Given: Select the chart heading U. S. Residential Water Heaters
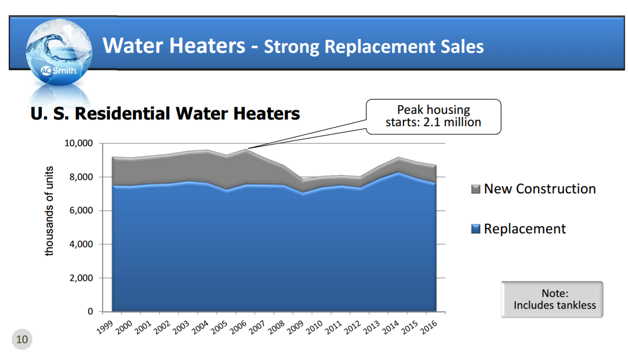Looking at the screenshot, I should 165,113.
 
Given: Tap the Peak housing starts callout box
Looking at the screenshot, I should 433,116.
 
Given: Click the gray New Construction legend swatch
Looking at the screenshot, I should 476,189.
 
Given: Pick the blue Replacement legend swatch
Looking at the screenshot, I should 476,229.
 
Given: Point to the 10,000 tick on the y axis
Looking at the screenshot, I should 78,143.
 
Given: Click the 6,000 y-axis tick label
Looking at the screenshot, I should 81,211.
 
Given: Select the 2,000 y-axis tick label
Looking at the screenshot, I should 81,278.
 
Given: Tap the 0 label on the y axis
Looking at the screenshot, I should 90,312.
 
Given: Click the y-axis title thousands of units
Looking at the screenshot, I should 49,211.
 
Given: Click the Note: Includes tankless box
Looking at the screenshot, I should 552,299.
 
